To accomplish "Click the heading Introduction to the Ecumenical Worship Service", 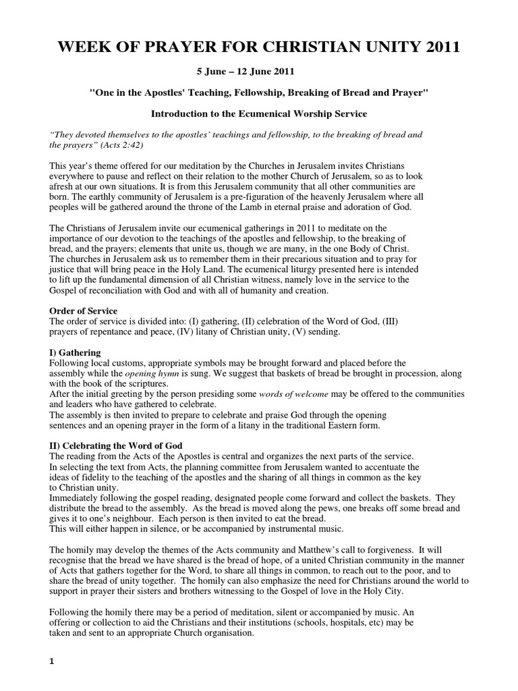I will click(x=258, y=114).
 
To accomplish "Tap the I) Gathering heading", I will click(x=76, y=352).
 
